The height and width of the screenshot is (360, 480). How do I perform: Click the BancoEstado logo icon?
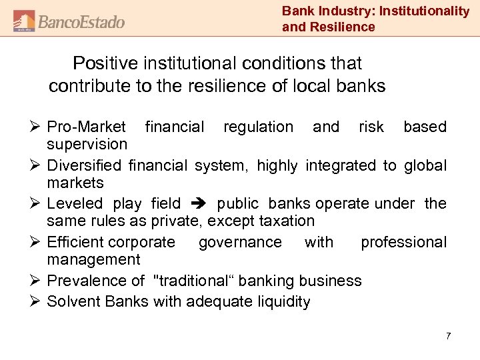click(24, 21)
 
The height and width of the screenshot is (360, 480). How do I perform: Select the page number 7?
click(448, 336)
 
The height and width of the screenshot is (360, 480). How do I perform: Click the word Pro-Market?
click(86, 127)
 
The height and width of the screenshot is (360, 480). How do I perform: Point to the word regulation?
click(258, 127)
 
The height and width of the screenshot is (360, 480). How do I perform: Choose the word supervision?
click(87, 144)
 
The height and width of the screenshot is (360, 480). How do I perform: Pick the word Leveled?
click(75, 203)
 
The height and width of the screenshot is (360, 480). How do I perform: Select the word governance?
click(240, 242)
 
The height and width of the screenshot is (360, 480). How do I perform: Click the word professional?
click(403, 242)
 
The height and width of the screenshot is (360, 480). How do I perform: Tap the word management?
click(93, 259)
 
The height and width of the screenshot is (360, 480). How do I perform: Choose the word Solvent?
click(72, 302)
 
